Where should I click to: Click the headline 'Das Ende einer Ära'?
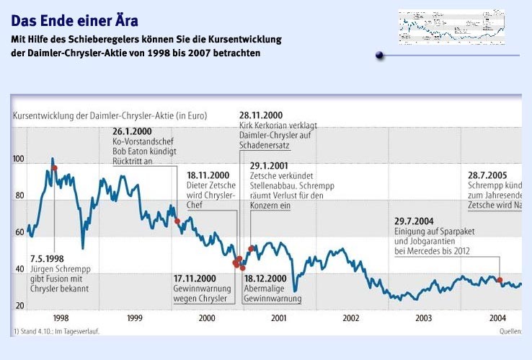[74, 20]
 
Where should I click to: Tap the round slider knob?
[379, 56]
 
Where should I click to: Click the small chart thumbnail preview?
[451, 27]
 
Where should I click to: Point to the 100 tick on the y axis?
[19, 159]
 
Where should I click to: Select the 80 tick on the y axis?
[19, 196]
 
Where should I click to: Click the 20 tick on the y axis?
[19, 306]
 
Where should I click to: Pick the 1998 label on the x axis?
[61, 317]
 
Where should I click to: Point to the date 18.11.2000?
[208, 175]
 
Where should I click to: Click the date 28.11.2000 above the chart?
[261, 115]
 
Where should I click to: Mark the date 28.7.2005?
[492, 175]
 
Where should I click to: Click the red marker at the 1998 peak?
[54, 167]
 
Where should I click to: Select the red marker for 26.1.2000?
[177, 221]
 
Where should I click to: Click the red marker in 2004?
[500, 280]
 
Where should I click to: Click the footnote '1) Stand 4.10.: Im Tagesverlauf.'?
[56, 331]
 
